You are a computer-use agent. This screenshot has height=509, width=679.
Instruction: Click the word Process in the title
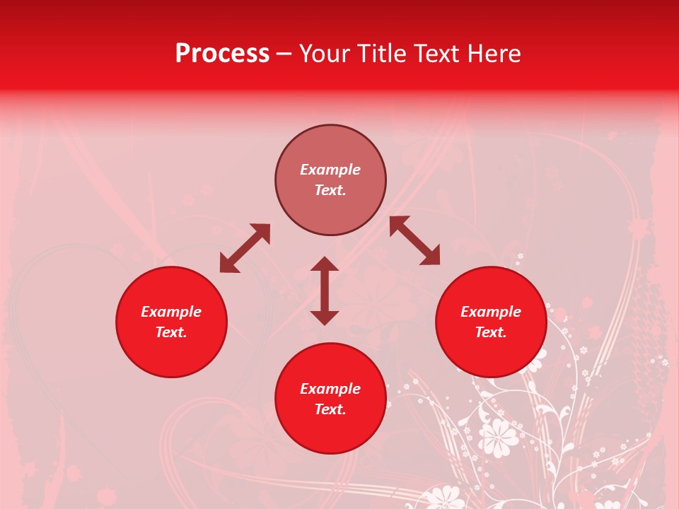[222, 54]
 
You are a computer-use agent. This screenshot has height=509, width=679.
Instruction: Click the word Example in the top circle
[330, 170]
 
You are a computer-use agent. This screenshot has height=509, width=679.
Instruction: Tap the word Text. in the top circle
[330, 190]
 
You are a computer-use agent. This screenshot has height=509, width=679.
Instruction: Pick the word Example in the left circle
[171, 312]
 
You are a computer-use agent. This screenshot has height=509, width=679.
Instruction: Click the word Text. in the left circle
[171, 332]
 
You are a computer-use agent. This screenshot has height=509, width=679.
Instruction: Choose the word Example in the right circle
[491, 312]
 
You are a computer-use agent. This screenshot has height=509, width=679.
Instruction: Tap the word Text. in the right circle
[491, 332]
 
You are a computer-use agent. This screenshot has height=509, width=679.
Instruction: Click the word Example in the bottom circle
[330, 389]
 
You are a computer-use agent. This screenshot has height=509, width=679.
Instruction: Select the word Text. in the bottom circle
[330, 409]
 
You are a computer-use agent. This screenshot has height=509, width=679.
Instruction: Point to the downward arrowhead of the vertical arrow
[325, 317]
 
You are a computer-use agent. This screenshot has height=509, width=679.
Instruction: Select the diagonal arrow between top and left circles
[245, 248]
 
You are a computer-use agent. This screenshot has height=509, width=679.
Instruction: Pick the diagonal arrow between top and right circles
[414, 240]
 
